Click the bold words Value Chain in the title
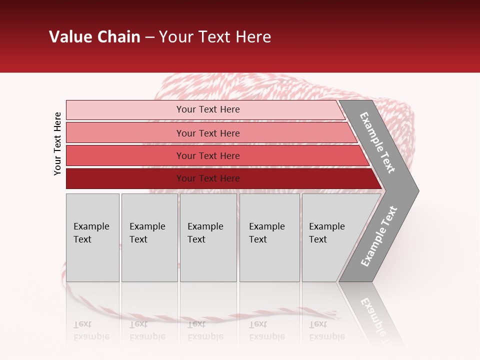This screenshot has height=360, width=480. (94, 37)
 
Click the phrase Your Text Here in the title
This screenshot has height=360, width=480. (214, 37)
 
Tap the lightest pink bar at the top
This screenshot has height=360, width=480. (125, 110)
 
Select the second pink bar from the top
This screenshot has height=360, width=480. (125, 133)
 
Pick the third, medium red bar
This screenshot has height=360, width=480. (125, 155)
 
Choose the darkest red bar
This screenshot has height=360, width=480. (125, 178)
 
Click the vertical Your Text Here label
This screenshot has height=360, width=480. (57, 143)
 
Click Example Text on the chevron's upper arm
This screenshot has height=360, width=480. (377, 142)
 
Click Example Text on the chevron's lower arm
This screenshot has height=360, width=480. (379, 236)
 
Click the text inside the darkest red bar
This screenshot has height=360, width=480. (208, 178)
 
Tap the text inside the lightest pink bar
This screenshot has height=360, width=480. (208, 109)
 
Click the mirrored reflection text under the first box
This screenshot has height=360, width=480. (91, 330)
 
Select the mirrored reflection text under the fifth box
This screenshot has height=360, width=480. (326, 330)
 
